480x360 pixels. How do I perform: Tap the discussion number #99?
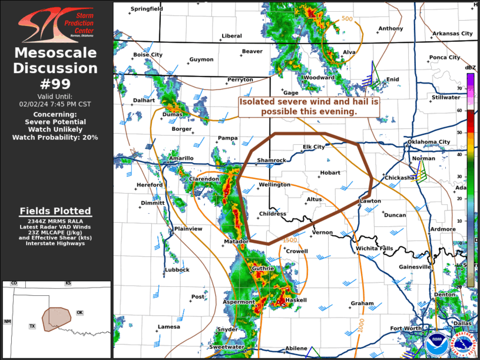pos(56,84)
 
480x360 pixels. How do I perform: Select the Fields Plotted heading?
pos(55,211)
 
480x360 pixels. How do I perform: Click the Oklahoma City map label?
pos(428,142)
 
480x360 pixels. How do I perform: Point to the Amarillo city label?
pos(181,158)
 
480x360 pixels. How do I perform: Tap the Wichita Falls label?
pos(375,249)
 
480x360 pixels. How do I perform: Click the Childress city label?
pos(273,214)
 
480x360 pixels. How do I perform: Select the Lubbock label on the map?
pos(177,270)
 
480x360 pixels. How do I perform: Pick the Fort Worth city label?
pos(405,328)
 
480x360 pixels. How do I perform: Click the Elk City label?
pos(313,147)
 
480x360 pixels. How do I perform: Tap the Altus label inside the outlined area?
pos(315,199)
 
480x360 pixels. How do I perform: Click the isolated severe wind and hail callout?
pos(309,106)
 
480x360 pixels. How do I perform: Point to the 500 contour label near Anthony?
pos(347,19)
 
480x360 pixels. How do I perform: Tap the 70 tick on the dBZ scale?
pos(469,88)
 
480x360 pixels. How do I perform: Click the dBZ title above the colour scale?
pos(470,68)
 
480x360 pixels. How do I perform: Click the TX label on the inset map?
pos(32,326)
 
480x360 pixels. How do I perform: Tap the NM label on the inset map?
pos(8,321)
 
